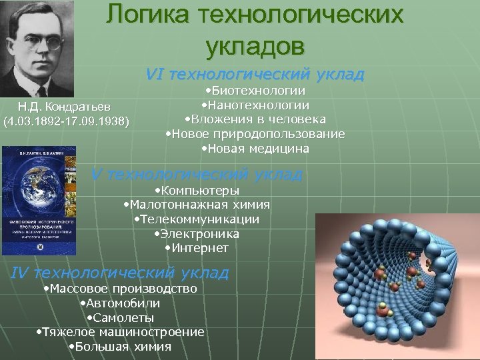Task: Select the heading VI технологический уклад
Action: [x=255, y=73]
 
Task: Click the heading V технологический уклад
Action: [x=197, y=175]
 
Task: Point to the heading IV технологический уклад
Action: [x=121, y=273]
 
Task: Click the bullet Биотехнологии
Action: [x=255, y=91]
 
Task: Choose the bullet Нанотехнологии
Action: [x=255, y=105]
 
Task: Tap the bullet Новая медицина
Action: [x=255, y=149]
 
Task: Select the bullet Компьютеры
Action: [x=196, y=191]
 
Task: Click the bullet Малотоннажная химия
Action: [x=197, y=205]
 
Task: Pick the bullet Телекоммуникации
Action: [x=197, y=219]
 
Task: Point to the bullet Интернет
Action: [x=196, y=248]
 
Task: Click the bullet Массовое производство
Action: [x=119, y=289]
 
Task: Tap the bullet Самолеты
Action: [x=120, y=317]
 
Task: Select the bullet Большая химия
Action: [x=120, y=347]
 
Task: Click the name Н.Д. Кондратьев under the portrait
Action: [x=65, y=107]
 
